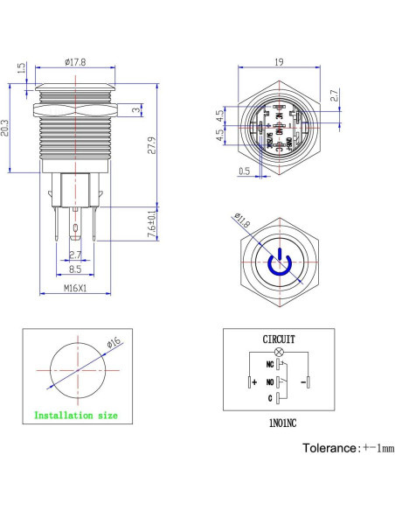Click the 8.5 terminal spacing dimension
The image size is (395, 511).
tap(77, 271)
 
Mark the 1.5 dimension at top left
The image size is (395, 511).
tap(19, 69)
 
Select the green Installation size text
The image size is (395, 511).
tap(76, 416)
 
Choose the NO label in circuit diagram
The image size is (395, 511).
tap(257, 382)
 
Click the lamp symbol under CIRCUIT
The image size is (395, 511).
tap(279, 349)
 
